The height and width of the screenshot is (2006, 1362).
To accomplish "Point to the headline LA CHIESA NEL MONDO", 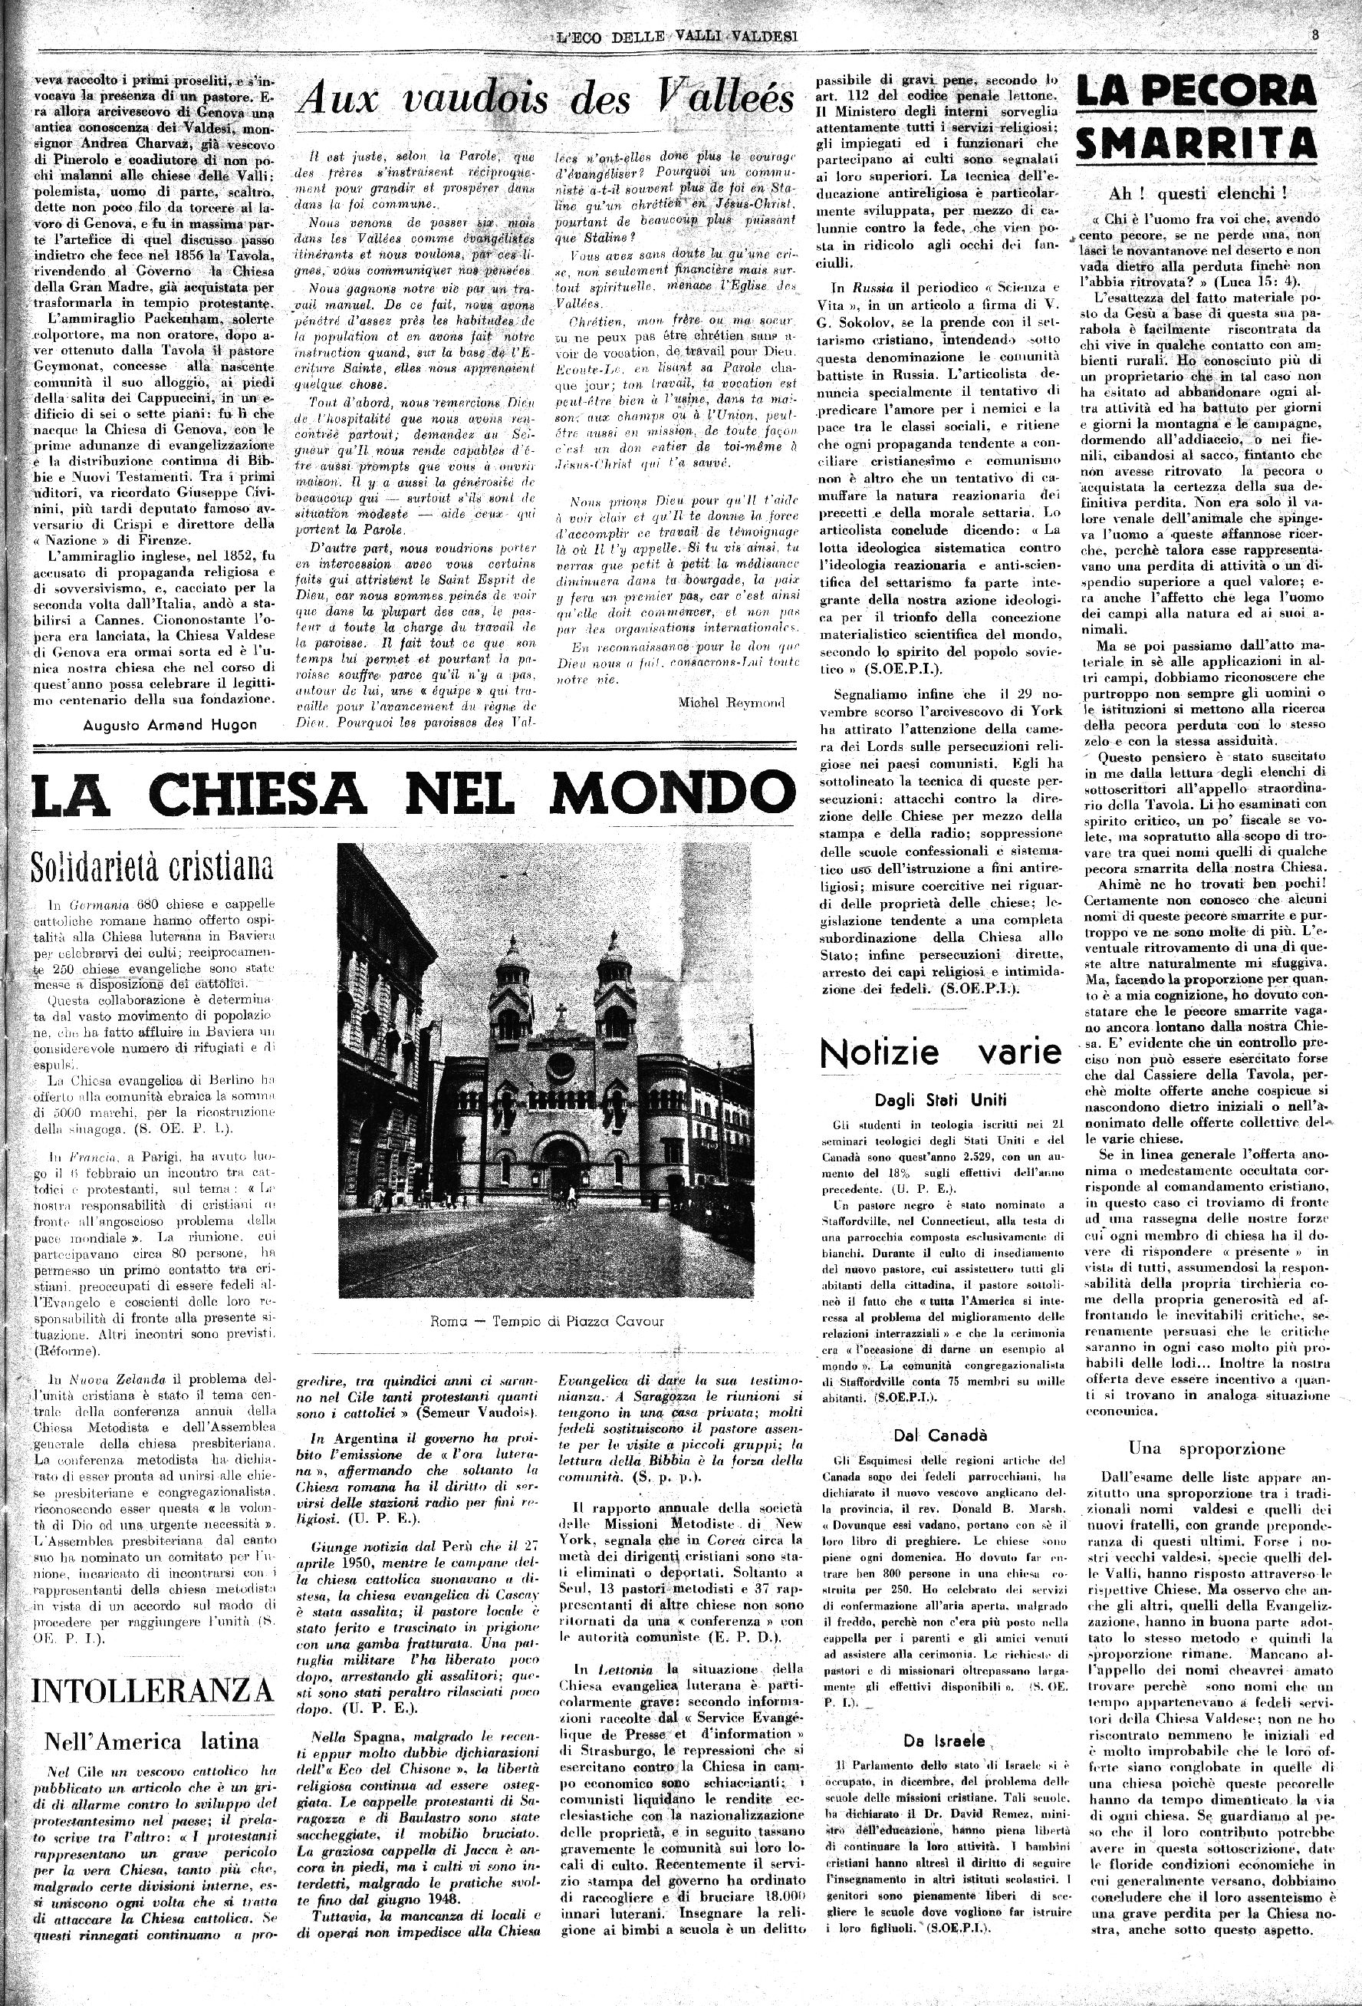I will pos(411,792).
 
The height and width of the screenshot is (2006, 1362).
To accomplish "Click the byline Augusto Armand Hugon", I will pos(169,724).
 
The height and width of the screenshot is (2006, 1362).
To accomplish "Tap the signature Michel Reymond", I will pos(732,702).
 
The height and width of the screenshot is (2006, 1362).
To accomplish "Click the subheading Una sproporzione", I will pos(1206,1448).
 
